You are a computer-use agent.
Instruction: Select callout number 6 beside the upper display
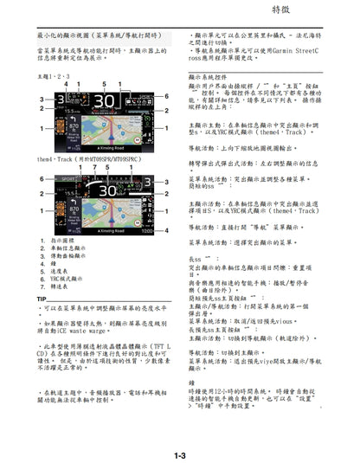pyautogui.click(x=167, y=97)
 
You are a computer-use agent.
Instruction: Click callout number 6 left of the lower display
pyautogui.click(x=40, y=179)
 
